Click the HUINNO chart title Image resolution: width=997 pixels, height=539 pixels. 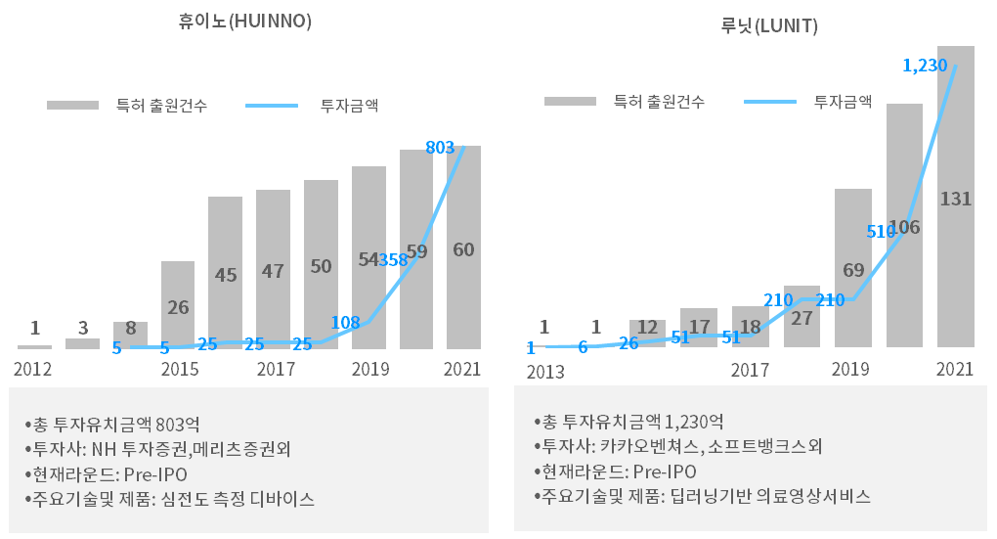click(x=245, y=21)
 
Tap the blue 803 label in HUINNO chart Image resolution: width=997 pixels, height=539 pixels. click(x=440, y=148)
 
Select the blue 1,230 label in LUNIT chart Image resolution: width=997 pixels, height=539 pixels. click(x=925, y=66)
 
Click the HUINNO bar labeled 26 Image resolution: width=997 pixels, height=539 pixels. click(x=178, y=305)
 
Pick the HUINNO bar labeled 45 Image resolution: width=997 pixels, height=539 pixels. click(x=225, y=274)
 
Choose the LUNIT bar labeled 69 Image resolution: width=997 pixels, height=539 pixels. click(x=852, y=269)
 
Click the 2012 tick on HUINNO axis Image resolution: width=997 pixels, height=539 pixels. click(x=32, y=370)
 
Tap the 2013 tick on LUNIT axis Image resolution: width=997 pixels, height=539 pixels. click(x=545, y=372)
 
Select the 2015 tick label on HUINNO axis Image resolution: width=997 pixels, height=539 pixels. click(x=180, y=370)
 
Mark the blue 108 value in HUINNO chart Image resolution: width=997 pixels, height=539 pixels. click(x=346, y=323)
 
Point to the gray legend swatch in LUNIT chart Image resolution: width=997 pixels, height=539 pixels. click(x=570, y=101)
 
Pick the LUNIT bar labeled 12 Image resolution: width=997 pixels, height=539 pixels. click(x=647, y=333)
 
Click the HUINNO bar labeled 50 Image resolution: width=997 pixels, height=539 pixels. click(x=321, y=265)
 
